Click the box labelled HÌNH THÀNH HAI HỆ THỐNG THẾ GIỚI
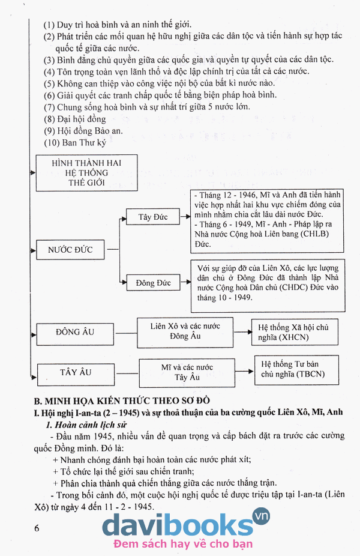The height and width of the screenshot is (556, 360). tap(86, 172)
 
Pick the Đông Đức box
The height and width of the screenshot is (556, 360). tap(154, 282)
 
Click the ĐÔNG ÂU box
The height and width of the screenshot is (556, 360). tap(75, 331)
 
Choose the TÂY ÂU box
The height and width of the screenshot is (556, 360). tap(76, 372)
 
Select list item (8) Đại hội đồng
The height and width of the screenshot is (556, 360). tap(74, 119)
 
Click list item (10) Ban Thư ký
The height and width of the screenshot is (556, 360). tap(76, 143)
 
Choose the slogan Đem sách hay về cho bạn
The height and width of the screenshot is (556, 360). tap(183, 544)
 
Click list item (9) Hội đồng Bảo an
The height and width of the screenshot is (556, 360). tap(82, 131)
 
